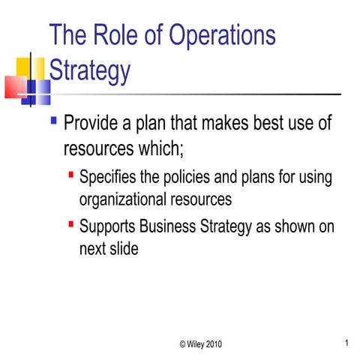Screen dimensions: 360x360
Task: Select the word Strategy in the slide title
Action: pos(89,71)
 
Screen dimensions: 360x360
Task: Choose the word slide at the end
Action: pos(122,249)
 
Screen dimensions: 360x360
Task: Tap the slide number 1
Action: pos(347,343)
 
